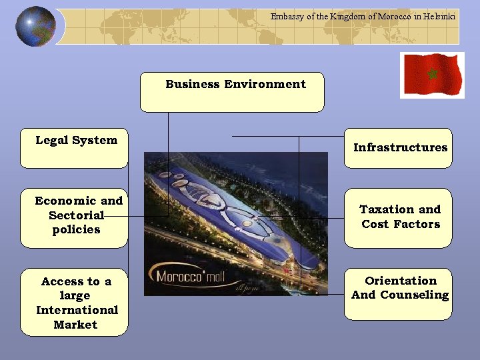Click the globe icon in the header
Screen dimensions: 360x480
coord(35,26)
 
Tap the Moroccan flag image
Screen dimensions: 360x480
coord(431,75)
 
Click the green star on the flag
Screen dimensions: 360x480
coord(431,73)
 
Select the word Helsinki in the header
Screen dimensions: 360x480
coord(440,17)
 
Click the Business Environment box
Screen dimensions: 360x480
coord(232,92)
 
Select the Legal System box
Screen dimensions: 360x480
coord(74,148)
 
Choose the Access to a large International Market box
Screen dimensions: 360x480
coord(74,302)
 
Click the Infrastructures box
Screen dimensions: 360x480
coord(398,148)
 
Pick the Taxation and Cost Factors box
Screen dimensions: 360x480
coord(398,218)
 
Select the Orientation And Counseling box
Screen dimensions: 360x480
coord(398,294)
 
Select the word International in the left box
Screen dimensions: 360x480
coord(77,310)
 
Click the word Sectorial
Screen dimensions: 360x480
coord(76,215)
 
